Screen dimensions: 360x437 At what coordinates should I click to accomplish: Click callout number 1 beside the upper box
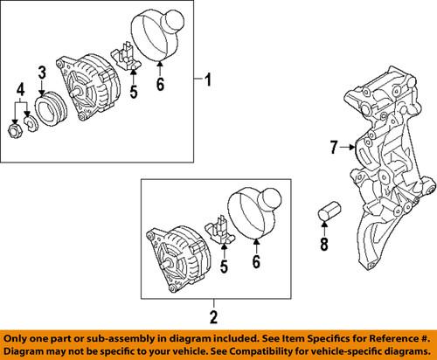click(207, 82)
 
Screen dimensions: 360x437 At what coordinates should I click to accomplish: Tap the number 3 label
click(41, 71)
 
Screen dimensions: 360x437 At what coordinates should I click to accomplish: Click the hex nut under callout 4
click(15, 131)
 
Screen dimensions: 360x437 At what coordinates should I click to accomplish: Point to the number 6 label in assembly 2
click(256, 261)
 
